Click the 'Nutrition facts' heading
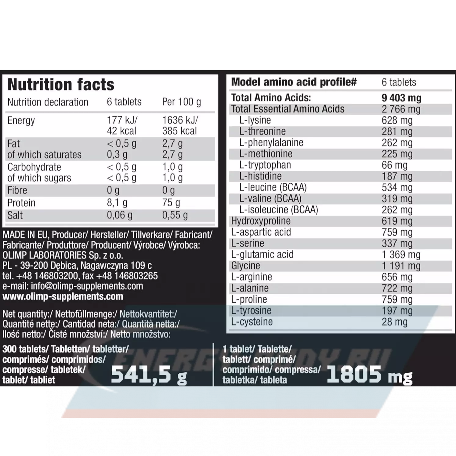coord(61,85)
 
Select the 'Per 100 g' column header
coord(181,102)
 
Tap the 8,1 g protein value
coord(117,203)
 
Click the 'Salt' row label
coord(15,215)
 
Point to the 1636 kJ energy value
coord(180,120)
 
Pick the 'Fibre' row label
coord(17,190)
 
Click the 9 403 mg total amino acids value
coord(401,98)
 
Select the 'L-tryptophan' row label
coord(265,165)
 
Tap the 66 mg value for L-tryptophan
coord(394,165)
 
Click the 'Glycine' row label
coord(245,266)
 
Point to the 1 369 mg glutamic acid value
coord(401,255)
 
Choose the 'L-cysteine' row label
coord(252,322)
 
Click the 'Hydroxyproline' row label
coord(261,221)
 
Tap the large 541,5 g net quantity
coord(149,375)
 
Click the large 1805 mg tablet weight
coord(369,375)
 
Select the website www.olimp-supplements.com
coord(63,296)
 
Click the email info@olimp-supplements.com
coord(87,286)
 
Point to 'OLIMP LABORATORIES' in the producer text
coord(45,255)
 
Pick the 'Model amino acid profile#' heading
coord(294,82)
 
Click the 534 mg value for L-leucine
coord(397,187)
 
